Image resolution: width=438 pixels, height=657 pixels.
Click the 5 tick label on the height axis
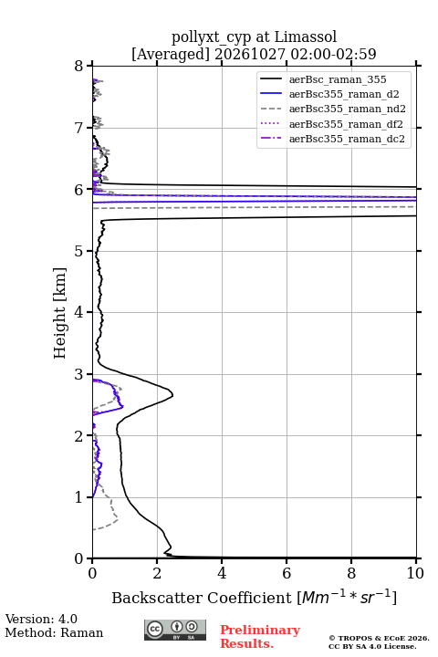(x=78, y=251)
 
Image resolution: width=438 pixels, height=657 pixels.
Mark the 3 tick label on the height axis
(x=78, y=374)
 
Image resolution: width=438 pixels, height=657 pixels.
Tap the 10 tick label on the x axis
(x=415, y=573)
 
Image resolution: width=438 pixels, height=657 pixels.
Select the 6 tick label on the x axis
(x=287, y=573)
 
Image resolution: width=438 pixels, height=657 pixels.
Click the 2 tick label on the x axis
(x=157, y=573)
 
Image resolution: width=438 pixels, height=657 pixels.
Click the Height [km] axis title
(x=60, y=313)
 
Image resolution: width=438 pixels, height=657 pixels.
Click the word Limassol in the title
(x=306, y=37)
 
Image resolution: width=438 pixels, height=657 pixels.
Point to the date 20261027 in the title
(x=250, y=54)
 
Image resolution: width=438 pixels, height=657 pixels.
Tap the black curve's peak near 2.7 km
(x=172, y=395)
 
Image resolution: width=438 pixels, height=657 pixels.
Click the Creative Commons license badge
(x=175, y=630)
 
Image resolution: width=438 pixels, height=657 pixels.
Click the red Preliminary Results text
(x=260, y=637)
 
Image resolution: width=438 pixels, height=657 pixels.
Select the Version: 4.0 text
(x=41, y=619)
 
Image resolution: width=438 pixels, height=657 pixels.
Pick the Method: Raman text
(x=54, y=632)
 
